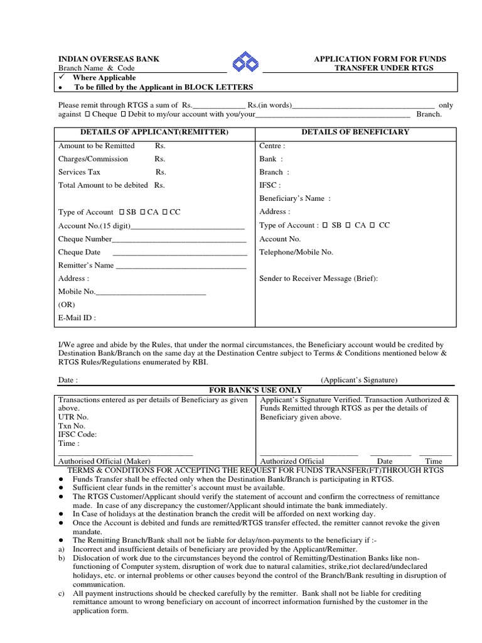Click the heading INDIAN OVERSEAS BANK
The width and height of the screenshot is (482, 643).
[x=109, y=59]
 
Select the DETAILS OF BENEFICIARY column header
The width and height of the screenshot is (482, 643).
[x=355, y=132]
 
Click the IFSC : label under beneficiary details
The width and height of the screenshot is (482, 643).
[x=270, y=185]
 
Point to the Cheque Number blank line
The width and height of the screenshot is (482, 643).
[x=179, y=239]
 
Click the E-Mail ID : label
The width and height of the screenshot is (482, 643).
[x=77, y=318]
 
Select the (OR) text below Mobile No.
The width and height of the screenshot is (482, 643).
[x=67, y=305]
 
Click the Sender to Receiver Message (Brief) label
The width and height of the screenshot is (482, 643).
[x=319, y=278]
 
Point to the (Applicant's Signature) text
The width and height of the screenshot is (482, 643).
[x=359, y=380]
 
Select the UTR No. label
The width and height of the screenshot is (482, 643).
[x=73, y=417]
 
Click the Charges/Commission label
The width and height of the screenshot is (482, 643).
[x=93, y=159]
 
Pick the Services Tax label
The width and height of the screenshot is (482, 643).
[x=79, y=172]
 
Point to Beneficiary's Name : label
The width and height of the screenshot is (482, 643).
[x=294, y=198]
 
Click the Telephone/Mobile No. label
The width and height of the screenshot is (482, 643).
[x=296, y=252]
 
